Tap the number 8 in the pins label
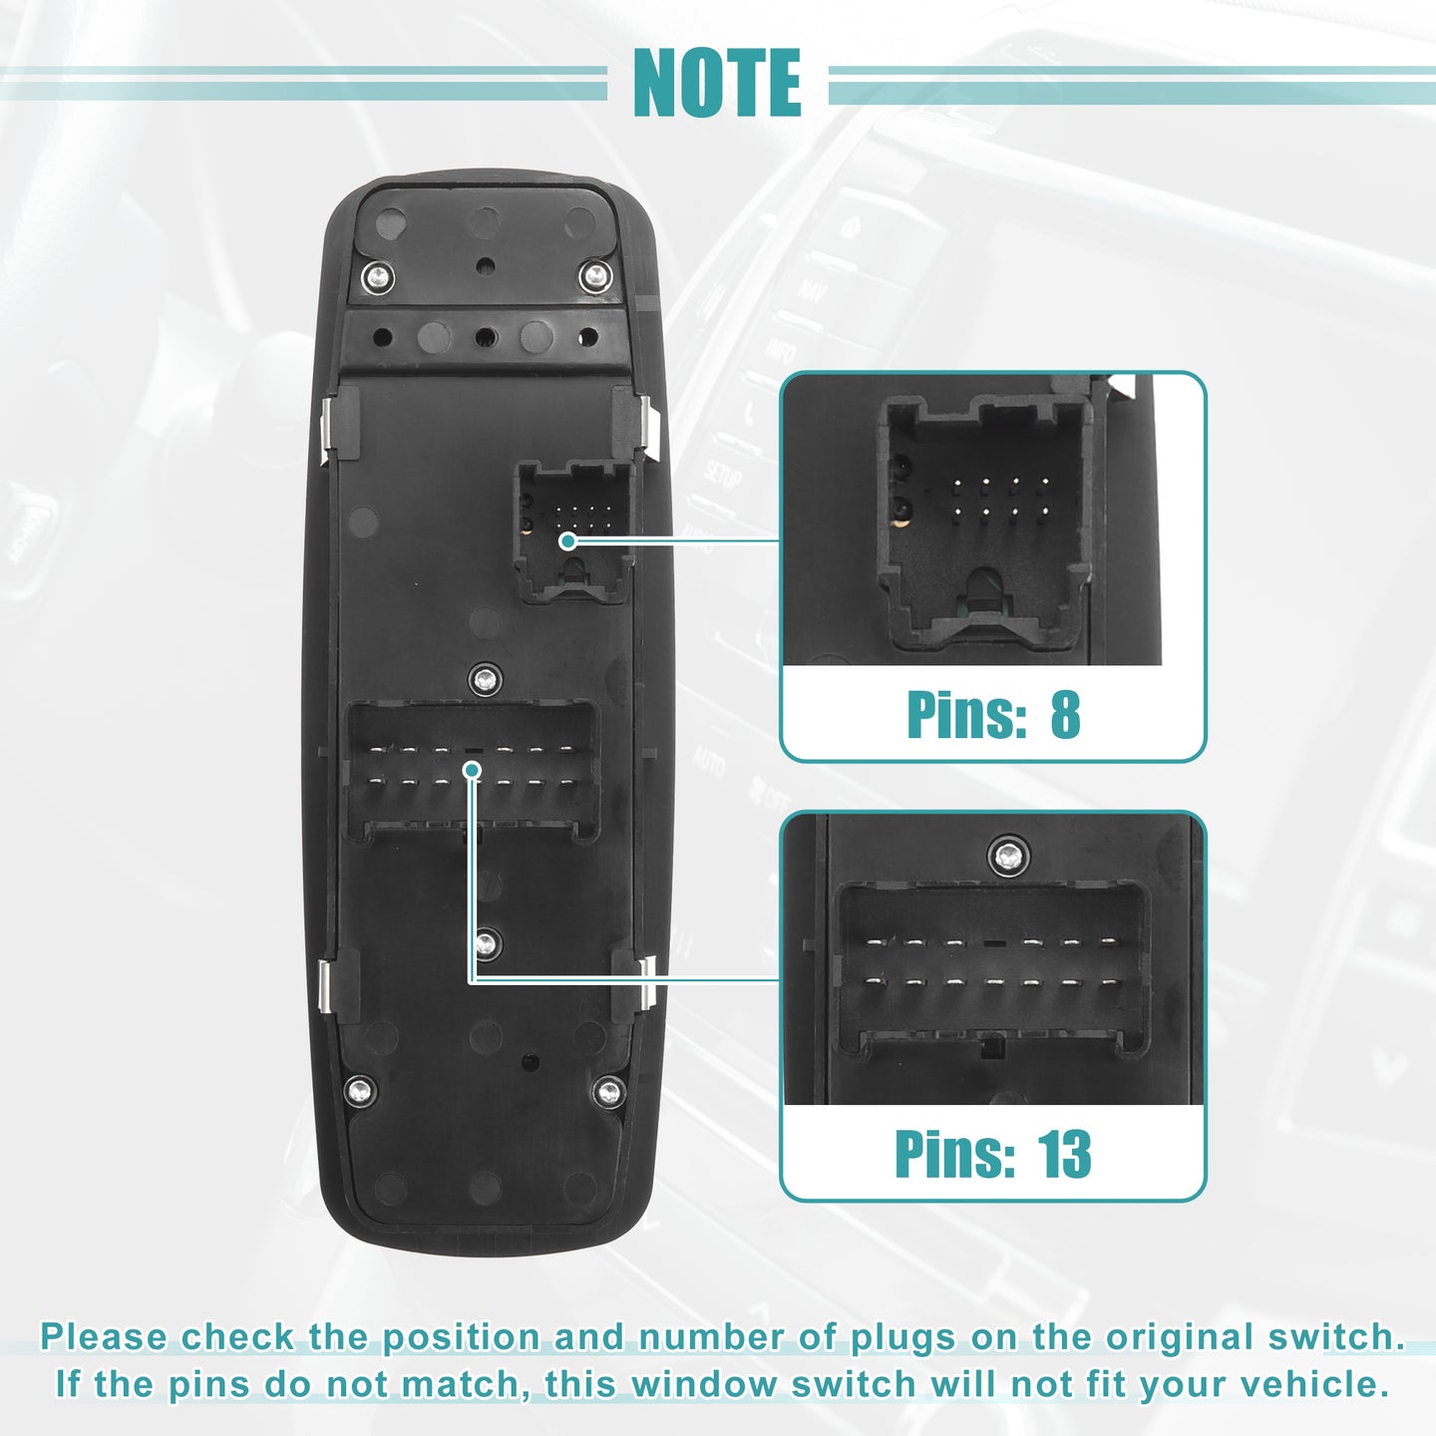1065,714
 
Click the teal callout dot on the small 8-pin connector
567,541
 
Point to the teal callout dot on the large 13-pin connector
472,770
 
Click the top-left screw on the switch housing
378,278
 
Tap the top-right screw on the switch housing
595,277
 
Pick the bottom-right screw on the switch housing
609,1093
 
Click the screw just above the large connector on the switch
485,679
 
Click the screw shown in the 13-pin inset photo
1008,857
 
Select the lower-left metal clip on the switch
325,986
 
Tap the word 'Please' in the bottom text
104,1337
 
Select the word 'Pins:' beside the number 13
955,1154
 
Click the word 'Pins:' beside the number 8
967,714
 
